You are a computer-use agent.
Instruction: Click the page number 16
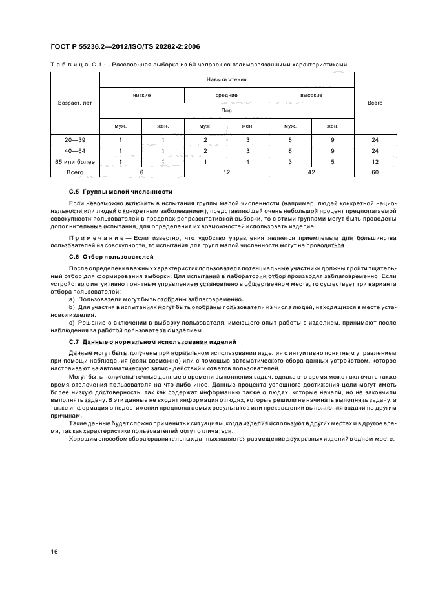54,550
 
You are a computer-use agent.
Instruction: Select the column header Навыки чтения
226,79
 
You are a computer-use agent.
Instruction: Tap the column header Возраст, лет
75,103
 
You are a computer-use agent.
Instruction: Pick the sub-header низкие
141,95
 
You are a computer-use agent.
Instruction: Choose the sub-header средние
226,95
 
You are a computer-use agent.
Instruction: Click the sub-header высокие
311,95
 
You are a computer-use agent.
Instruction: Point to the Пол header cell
226,110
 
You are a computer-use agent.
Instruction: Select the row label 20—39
75,140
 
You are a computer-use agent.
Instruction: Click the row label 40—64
75,151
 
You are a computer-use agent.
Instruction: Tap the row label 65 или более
75,162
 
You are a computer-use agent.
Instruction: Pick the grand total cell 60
375,173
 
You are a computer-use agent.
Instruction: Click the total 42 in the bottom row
311,173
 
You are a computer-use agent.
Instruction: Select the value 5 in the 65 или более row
333,162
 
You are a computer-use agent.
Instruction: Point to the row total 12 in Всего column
375,162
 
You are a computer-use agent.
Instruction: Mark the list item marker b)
72,307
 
